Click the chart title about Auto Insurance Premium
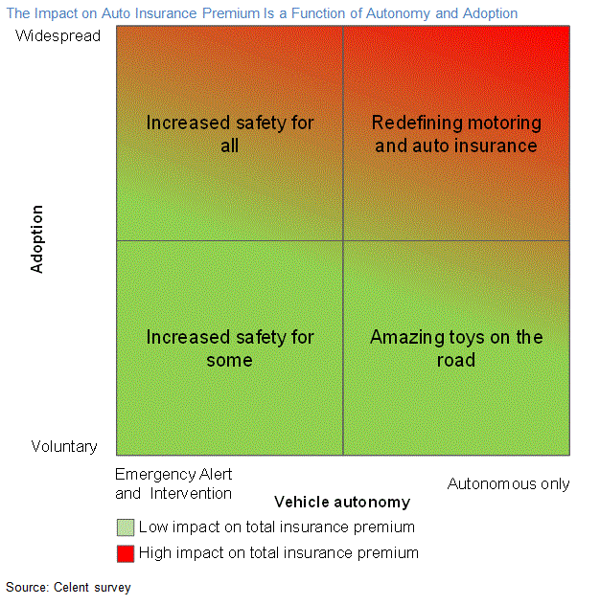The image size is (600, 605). click(262, 13)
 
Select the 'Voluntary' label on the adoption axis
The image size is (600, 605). click(64, 446)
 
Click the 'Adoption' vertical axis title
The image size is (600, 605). click(37, 238)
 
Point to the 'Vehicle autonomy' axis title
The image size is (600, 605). click(342, 502)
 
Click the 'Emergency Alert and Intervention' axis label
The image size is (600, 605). click(173, 483)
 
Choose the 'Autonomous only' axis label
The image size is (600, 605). click(508, 483)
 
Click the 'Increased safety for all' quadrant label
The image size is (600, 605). click(230, 134)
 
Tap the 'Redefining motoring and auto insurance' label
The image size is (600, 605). click(456, 134)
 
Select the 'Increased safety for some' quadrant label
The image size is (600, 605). click(230, 348)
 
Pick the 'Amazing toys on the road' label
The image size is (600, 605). click(456, 348)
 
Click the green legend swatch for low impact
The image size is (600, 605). click(125, 527)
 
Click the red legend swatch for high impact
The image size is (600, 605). click(125, 552)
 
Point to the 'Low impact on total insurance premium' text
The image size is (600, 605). click(277, 527)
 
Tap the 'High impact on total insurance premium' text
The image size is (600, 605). click(279, 552)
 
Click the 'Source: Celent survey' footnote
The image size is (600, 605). click(68, 587)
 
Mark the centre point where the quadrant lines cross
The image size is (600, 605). click(343, 240)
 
